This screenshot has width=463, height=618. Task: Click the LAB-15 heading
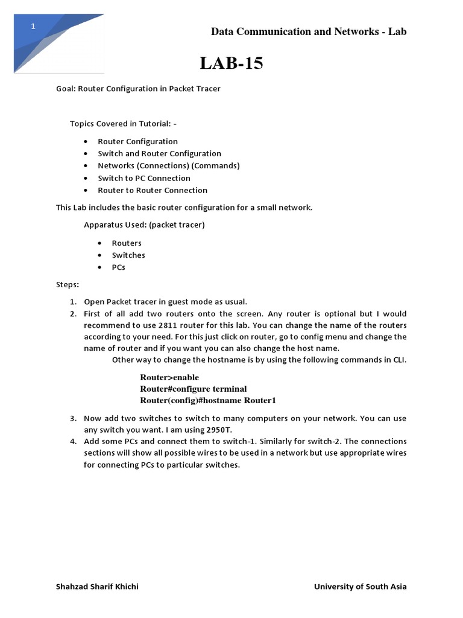pos(231,63)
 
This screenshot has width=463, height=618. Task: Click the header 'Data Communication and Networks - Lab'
pos(309,32)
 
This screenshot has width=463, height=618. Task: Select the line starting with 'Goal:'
pos(138,89)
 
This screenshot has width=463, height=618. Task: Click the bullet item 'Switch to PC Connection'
pos(144,178)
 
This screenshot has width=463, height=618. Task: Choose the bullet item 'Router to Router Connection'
pos(153,190)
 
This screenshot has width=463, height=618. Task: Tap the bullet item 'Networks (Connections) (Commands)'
pos(169,165)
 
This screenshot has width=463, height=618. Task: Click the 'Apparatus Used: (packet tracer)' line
pos(144,225)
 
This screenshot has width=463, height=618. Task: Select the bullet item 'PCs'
pos(119,267)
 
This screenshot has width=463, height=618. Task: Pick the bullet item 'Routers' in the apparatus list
pos(127,243)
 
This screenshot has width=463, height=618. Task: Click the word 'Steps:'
pos(68,284)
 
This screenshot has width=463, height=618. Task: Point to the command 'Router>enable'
pos(169,377)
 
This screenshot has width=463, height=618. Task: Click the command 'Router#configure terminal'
pos(194,389)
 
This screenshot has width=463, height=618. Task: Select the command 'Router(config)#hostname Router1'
pos(208,400)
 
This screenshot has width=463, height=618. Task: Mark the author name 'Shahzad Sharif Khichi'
pos(97,587)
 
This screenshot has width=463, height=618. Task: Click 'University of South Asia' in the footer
pos(361,587)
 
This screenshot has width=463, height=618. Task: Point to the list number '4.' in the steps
pos(72,441)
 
